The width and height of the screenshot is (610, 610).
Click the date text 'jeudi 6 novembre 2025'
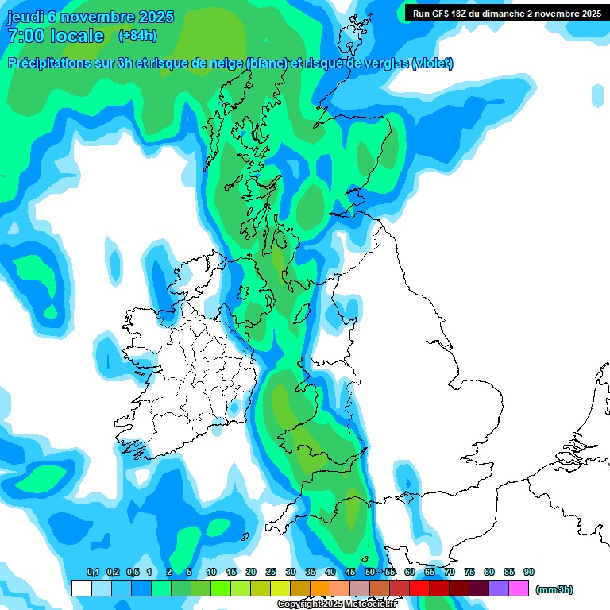(x=90, y=17)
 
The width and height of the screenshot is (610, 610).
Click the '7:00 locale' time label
(x=55, y=36)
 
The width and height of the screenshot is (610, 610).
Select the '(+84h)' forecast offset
(x=137, y=36)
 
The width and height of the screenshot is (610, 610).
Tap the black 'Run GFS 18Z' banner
(x=507, y=13)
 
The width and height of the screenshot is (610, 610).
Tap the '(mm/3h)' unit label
(x=554, y=589)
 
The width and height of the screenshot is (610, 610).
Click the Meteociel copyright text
(x=337, y=604)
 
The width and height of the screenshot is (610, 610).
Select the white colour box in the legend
(x=81, y=589)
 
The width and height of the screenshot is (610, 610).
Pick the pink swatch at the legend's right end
(x=519, y=589)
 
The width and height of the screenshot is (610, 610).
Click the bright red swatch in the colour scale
(x=419, y=589)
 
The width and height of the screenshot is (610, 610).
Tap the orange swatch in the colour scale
(x=320, y=589)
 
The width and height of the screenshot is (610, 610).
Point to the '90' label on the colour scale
(x=529, y=572)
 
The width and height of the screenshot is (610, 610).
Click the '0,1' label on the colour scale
(x=92, y=572)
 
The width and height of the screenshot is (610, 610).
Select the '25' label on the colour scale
(x=271, y=572)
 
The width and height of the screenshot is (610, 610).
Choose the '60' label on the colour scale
(x=410, y=572)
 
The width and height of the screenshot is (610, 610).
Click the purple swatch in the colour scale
(x=499, y=589)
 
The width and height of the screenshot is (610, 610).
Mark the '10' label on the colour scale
(x=211, y=572)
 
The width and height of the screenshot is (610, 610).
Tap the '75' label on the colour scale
(x=469, y=572)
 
